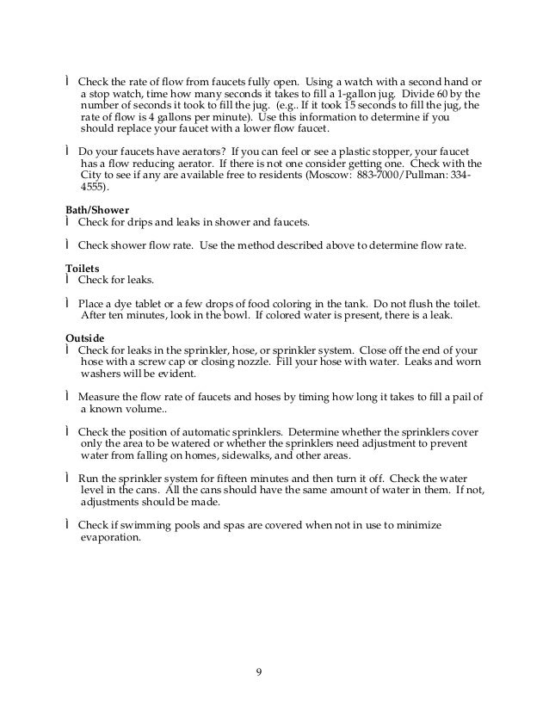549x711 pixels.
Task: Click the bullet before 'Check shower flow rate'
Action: (68, 244)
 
